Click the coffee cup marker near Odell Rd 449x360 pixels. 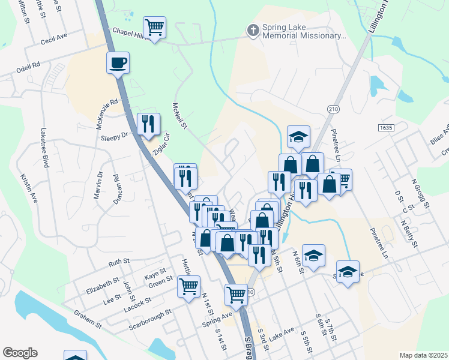[118, 62]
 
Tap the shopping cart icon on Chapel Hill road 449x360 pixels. [154, 28]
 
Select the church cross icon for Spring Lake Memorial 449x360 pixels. [253, 29]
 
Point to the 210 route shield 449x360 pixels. [333, 108]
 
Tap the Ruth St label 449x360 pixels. [119, 262]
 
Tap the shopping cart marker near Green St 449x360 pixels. [188, 286]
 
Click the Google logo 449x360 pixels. [20, 353]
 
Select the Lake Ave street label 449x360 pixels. [282, 331]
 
